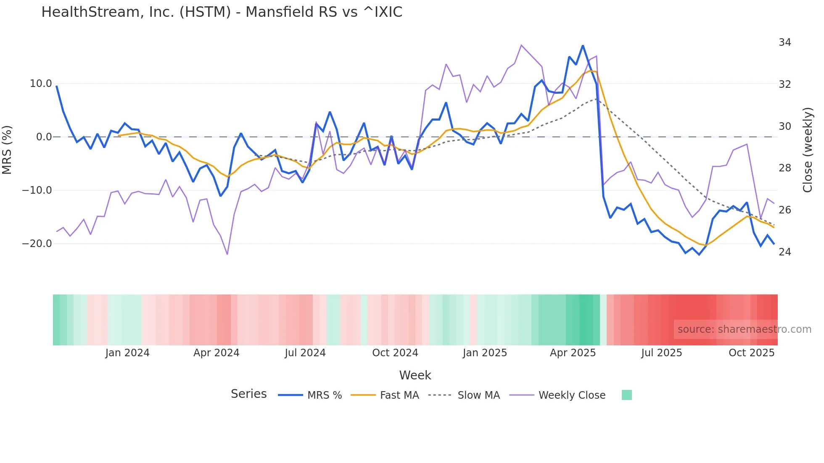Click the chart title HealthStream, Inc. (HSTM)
222,12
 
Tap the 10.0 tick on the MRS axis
41,84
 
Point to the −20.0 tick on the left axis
37,244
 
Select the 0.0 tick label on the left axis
44,137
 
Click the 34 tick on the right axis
784,42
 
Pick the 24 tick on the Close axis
784,252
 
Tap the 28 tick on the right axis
784,168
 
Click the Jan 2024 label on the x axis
127,353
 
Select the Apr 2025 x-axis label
573,353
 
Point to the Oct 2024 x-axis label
395,353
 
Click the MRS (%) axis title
7,150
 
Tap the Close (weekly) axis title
807,150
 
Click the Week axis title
415,375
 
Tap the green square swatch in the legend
626,395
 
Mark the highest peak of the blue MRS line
583,45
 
